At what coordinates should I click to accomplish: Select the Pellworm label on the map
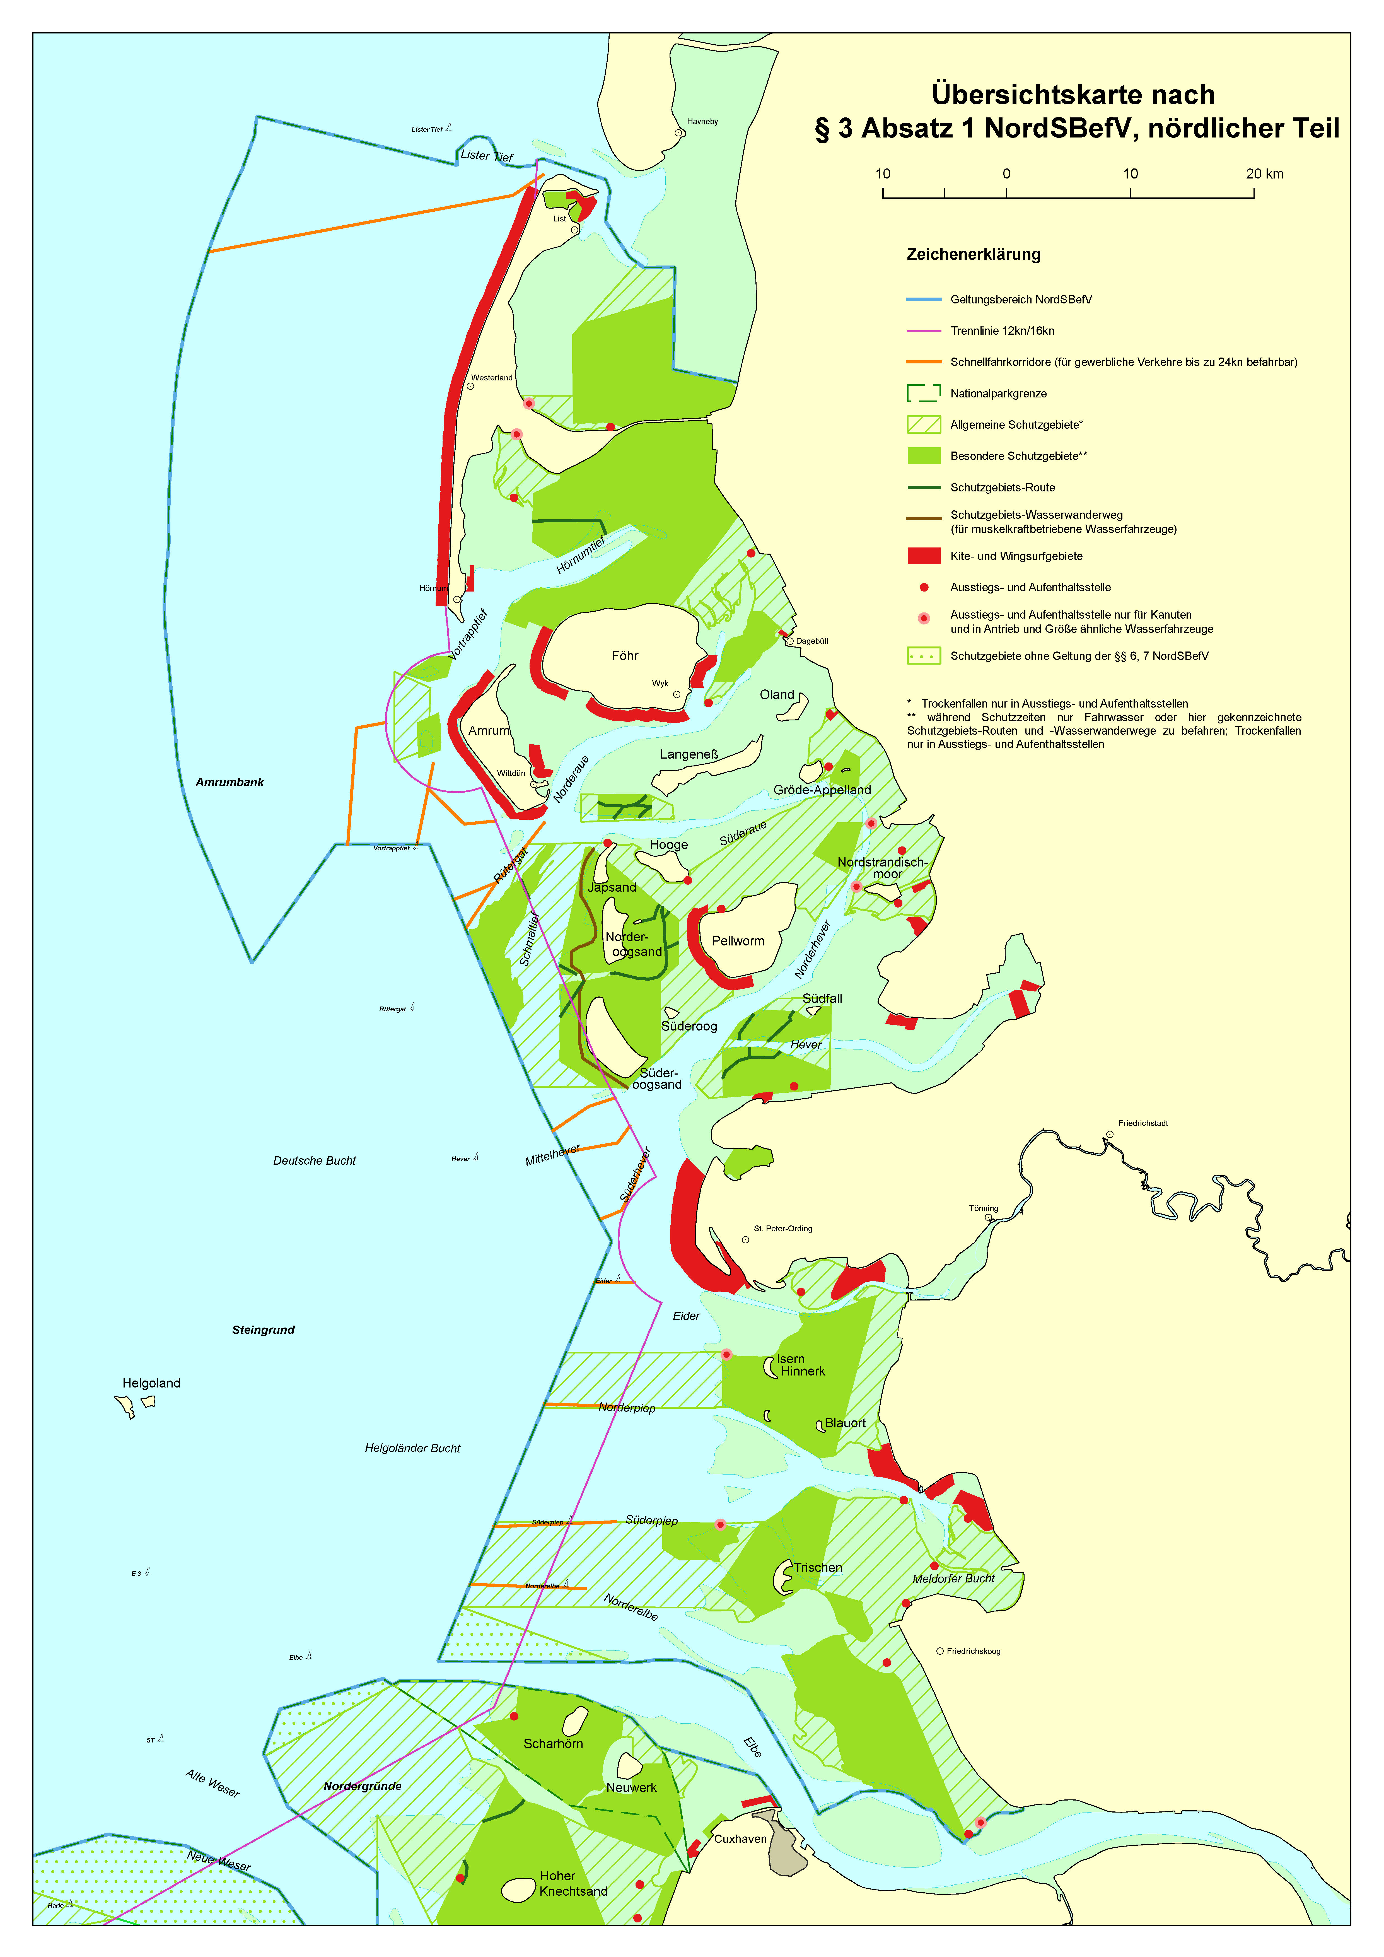(x=738, y=941)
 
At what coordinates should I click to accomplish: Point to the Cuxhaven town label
(x=741, y=1838)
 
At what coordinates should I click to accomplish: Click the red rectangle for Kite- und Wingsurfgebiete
(x=924, y=556)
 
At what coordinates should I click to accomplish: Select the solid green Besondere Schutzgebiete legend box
(x=924, y=456)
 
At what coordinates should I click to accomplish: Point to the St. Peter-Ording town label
(x=782, y=1228)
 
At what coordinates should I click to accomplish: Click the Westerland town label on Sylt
(x=492, y=378)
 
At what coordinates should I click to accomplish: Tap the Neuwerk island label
(x=632, y=1787)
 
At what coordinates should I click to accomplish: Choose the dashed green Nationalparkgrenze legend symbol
(x=924, y=393)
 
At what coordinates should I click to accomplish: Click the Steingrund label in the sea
(x=263, y=1330)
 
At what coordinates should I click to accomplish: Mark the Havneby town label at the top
(x=702, y=121)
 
